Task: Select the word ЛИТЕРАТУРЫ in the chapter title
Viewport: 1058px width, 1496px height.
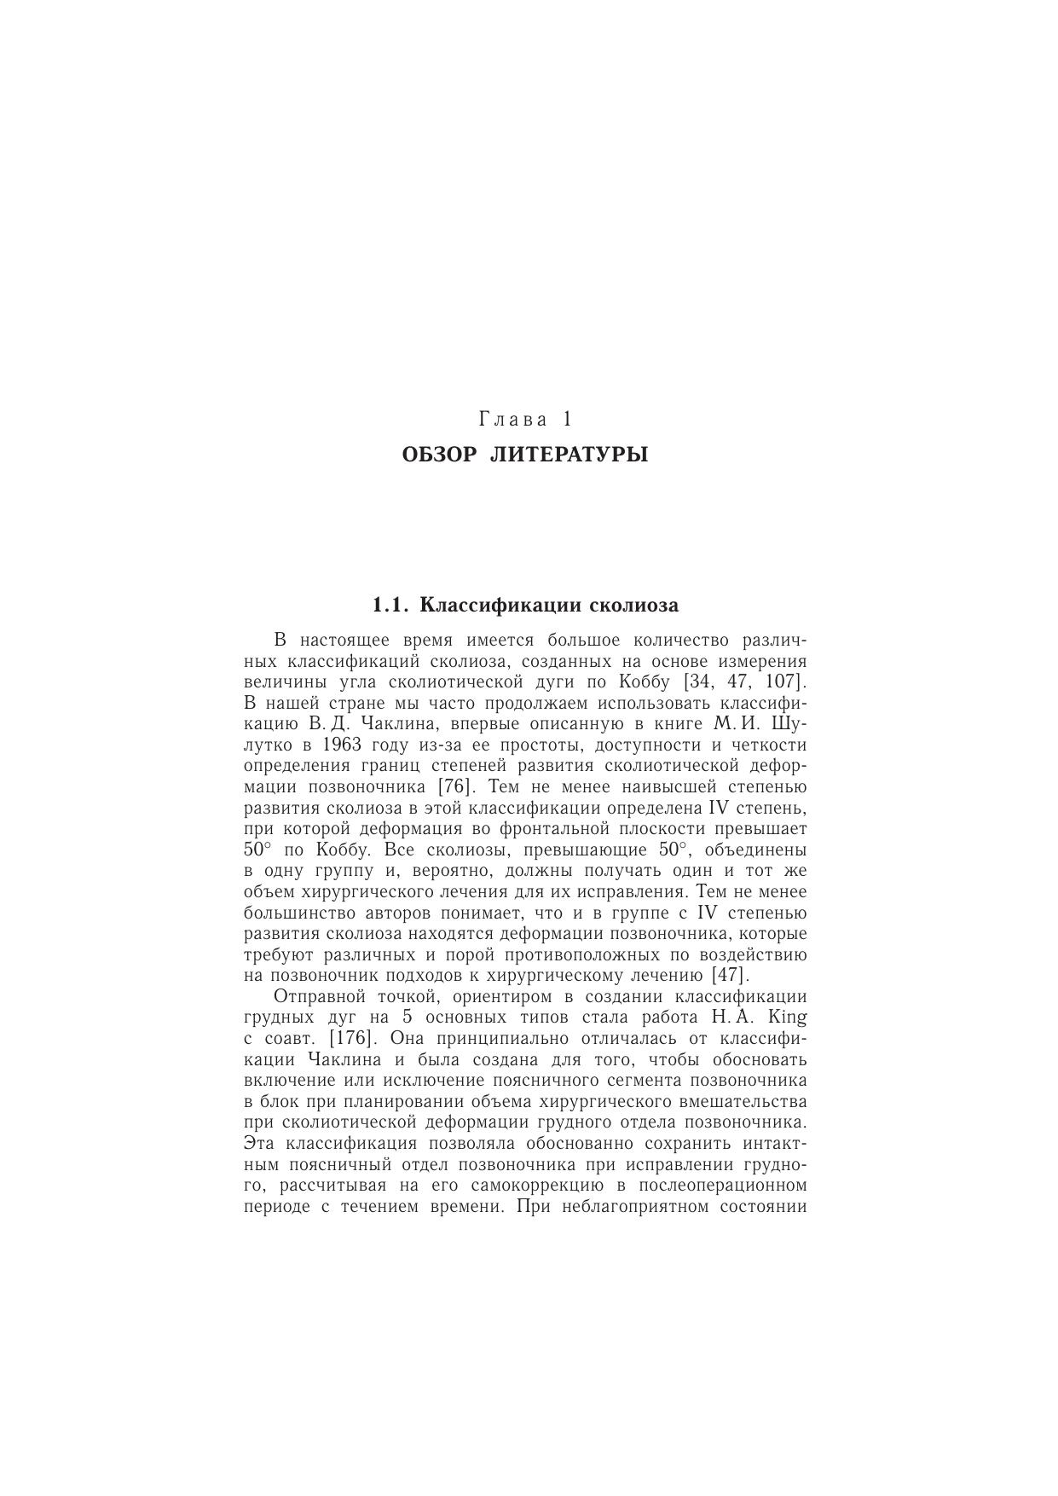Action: [x=569, y=455]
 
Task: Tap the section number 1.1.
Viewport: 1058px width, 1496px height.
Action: [x=391, y=606]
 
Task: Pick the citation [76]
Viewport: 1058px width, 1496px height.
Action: [x=454, y=787]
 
